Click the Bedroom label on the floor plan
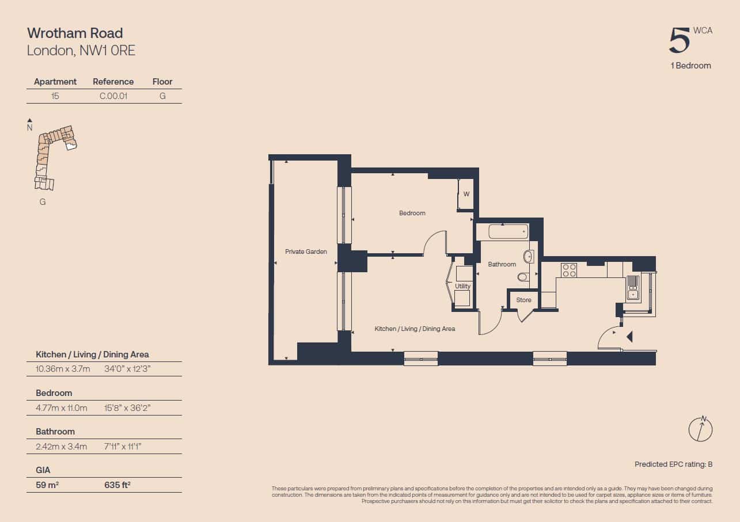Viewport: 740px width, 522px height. point(412,214)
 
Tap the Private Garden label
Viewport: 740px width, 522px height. point(306,252)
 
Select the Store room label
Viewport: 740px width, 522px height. point(523,300)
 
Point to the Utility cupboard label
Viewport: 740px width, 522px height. point(462,286)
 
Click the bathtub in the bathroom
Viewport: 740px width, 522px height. point(508,231)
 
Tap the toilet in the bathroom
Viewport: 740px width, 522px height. point(522,277)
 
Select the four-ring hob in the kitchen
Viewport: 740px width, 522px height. point(569,270)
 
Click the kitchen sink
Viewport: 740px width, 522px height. point(633,288)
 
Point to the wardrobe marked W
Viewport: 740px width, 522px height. point(465,194)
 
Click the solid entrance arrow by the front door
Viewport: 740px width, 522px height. point(629,337)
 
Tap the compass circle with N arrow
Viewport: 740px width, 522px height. point(700,429)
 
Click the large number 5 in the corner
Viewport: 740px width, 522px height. point(679,40)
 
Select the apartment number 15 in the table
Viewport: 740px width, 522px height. point(55,96)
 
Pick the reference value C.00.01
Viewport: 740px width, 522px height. point(113,96)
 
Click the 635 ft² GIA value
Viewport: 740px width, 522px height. point(117,485)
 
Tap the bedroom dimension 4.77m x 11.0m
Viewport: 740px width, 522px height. point(62,408)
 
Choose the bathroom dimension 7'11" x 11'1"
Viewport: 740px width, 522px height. point(123,447)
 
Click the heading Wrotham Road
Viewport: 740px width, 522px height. point(75,33)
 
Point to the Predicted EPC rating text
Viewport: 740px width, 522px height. point(673,464)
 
